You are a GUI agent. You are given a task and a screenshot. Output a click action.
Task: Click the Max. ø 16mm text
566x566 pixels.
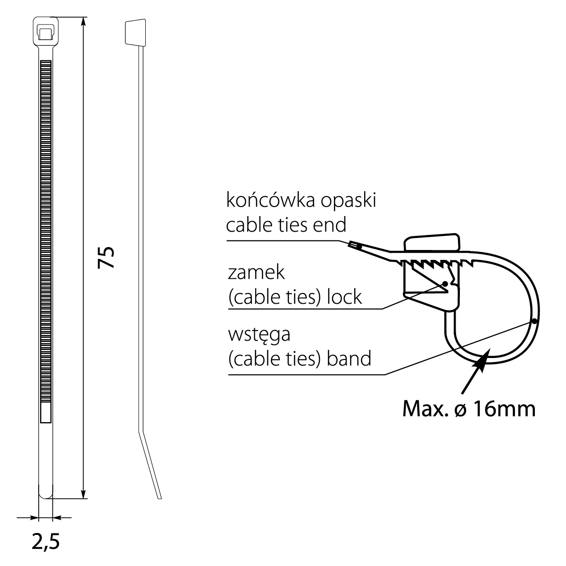[x=469, y=409]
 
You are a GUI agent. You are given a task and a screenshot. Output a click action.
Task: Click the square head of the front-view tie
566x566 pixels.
[x=45, y=32]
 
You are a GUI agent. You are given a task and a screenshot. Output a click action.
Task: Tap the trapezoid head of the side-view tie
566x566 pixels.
[x=134, y=33]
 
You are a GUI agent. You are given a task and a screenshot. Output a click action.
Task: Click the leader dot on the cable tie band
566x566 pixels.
[x=534, y=321]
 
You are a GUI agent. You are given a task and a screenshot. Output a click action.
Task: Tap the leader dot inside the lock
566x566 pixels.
[x=445, y=284]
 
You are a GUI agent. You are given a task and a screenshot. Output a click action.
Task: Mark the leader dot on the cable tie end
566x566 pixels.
[x=359, y=246]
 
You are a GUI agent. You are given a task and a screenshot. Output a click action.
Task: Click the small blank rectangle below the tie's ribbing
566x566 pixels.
[x=46, y=413]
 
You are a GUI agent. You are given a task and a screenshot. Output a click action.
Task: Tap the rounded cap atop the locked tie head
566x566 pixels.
[x=432, y=243]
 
